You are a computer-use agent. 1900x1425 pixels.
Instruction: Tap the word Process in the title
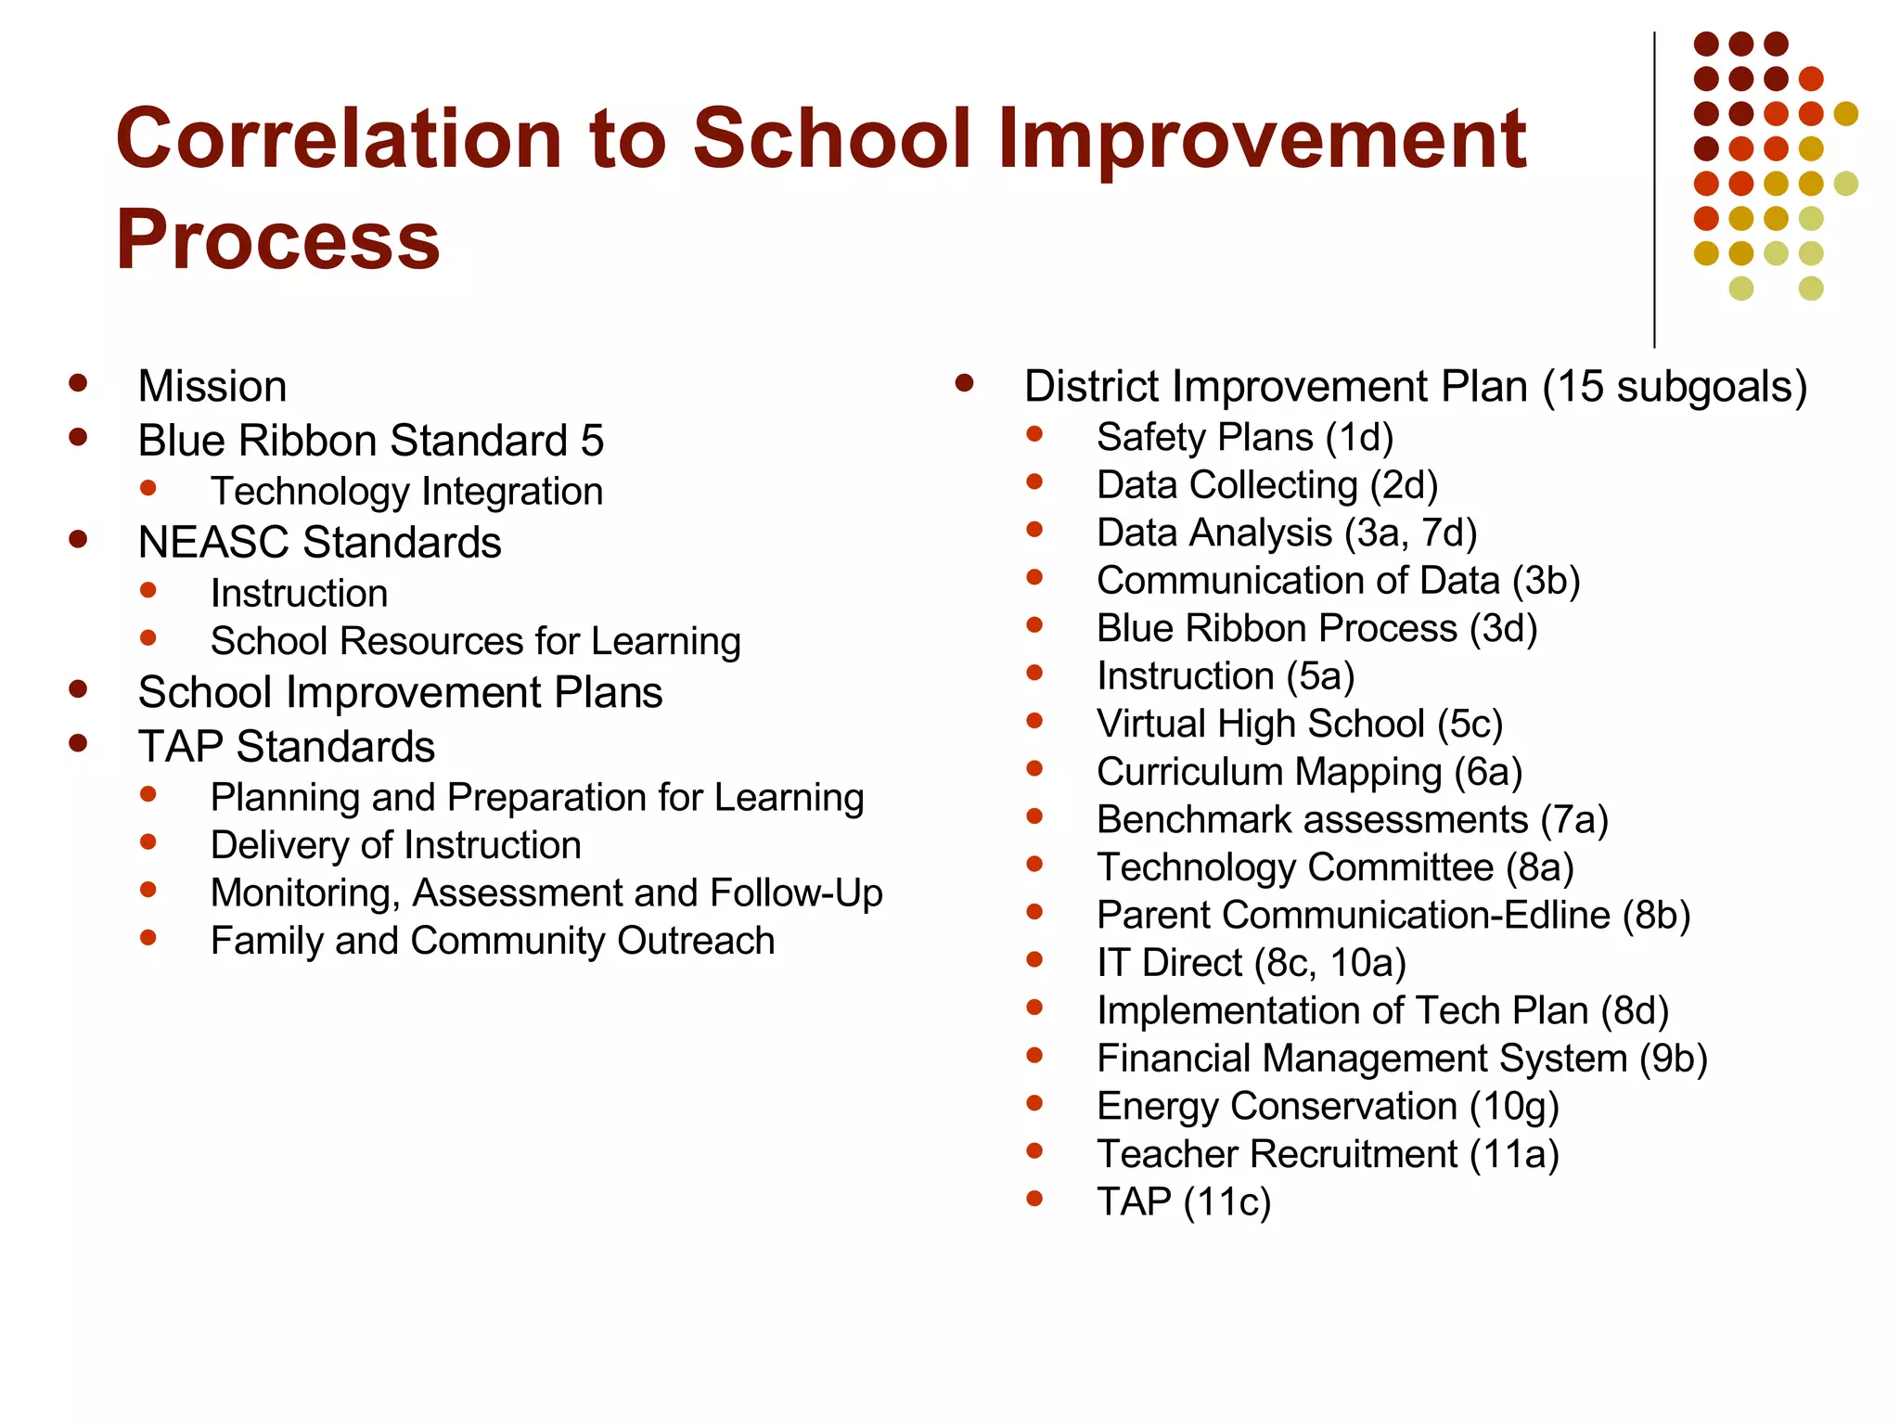click(277, 240)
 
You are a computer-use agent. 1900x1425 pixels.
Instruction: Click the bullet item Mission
click(212, 386)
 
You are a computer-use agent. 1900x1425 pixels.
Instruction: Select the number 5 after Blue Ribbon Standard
click(592, 441)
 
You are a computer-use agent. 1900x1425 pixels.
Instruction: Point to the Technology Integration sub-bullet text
click(406, 492)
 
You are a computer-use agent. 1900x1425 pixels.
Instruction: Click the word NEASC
click(214, 543)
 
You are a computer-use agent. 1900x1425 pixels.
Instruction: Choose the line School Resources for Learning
click(475, 642)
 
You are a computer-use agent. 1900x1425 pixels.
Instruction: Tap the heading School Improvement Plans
click(400, 693)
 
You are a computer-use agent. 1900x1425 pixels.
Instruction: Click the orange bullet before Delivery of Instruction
click(148, 842)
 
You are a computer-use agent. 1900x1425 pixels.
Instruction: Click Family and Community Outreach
click(492, 942)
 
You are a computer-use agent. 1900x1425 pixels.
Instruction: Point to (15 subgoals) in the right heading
click(1675, 387)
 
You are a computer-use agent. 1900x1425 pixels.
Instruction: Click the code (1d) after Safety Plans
click(1359, 438)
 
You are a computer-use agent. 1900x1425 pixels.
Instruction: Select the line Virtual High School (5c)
click(1299, 725)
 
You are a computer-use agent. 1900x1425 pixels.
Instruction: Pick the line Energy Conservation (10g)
click(1327, 1107)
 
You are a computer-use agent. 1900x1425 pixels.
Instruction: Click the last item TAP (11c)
click(1183, 1202)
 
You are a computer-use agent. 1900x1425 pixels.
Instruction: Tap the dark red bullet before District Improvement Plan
click(965, 383)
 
